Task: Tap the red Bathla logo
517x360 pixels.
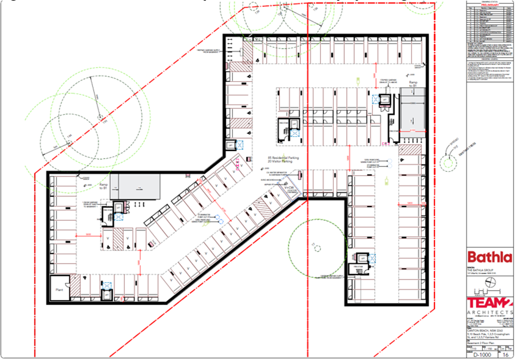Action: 490,256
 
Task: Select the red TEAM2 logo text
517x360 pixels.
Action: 489,298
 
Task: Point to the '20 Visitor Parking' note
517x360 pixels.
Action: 282,163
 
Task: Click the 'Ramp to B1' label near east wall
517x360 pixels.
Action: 414,83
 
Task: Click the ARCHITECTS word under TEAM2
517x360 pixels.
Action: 489,311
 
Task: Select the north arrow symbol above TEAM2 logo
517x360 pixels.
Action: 489,282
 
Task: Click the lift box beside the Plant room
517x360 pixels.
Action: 107,294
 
